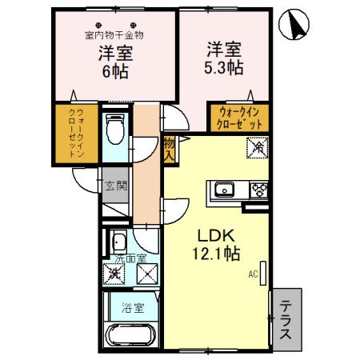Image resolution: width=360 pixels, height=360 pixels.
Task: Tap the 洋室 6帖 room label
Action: pyautogui.click(x=116, y=62)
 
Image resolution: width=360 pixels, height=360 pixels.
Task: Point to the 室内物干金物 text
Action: pyautogui.click(x=114, y=35)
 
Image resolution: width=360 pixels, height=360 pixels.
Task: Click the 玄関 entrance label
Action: pyautogui.click(x=115, y=186)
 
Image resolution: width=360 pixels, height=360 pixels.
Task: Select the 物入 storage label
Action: pyautogui.click(x=169, y=150)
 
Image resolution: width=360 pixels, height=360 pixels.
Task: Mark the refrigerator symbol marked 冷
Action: pyautogui.click(x=258, y=147)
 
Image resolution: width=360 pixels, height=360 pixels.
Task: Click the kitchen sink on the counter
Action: pyautogui.click(x=222, y=190)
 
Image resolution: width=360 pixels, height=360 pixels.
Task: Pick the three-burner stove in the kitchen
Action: pyautogui.click(x=259, y=190)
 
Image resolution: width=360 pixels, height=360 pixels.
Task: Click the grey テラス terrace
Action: pyautogui.click(x=285, y=319)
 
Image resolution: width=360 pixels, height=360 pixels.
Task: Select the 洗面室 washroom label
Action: pyautogui.click(x=129, y=259)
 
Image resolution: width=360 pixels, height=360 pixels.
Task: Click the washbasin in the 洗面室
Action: pyautogui.click(x=118, y=242)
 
